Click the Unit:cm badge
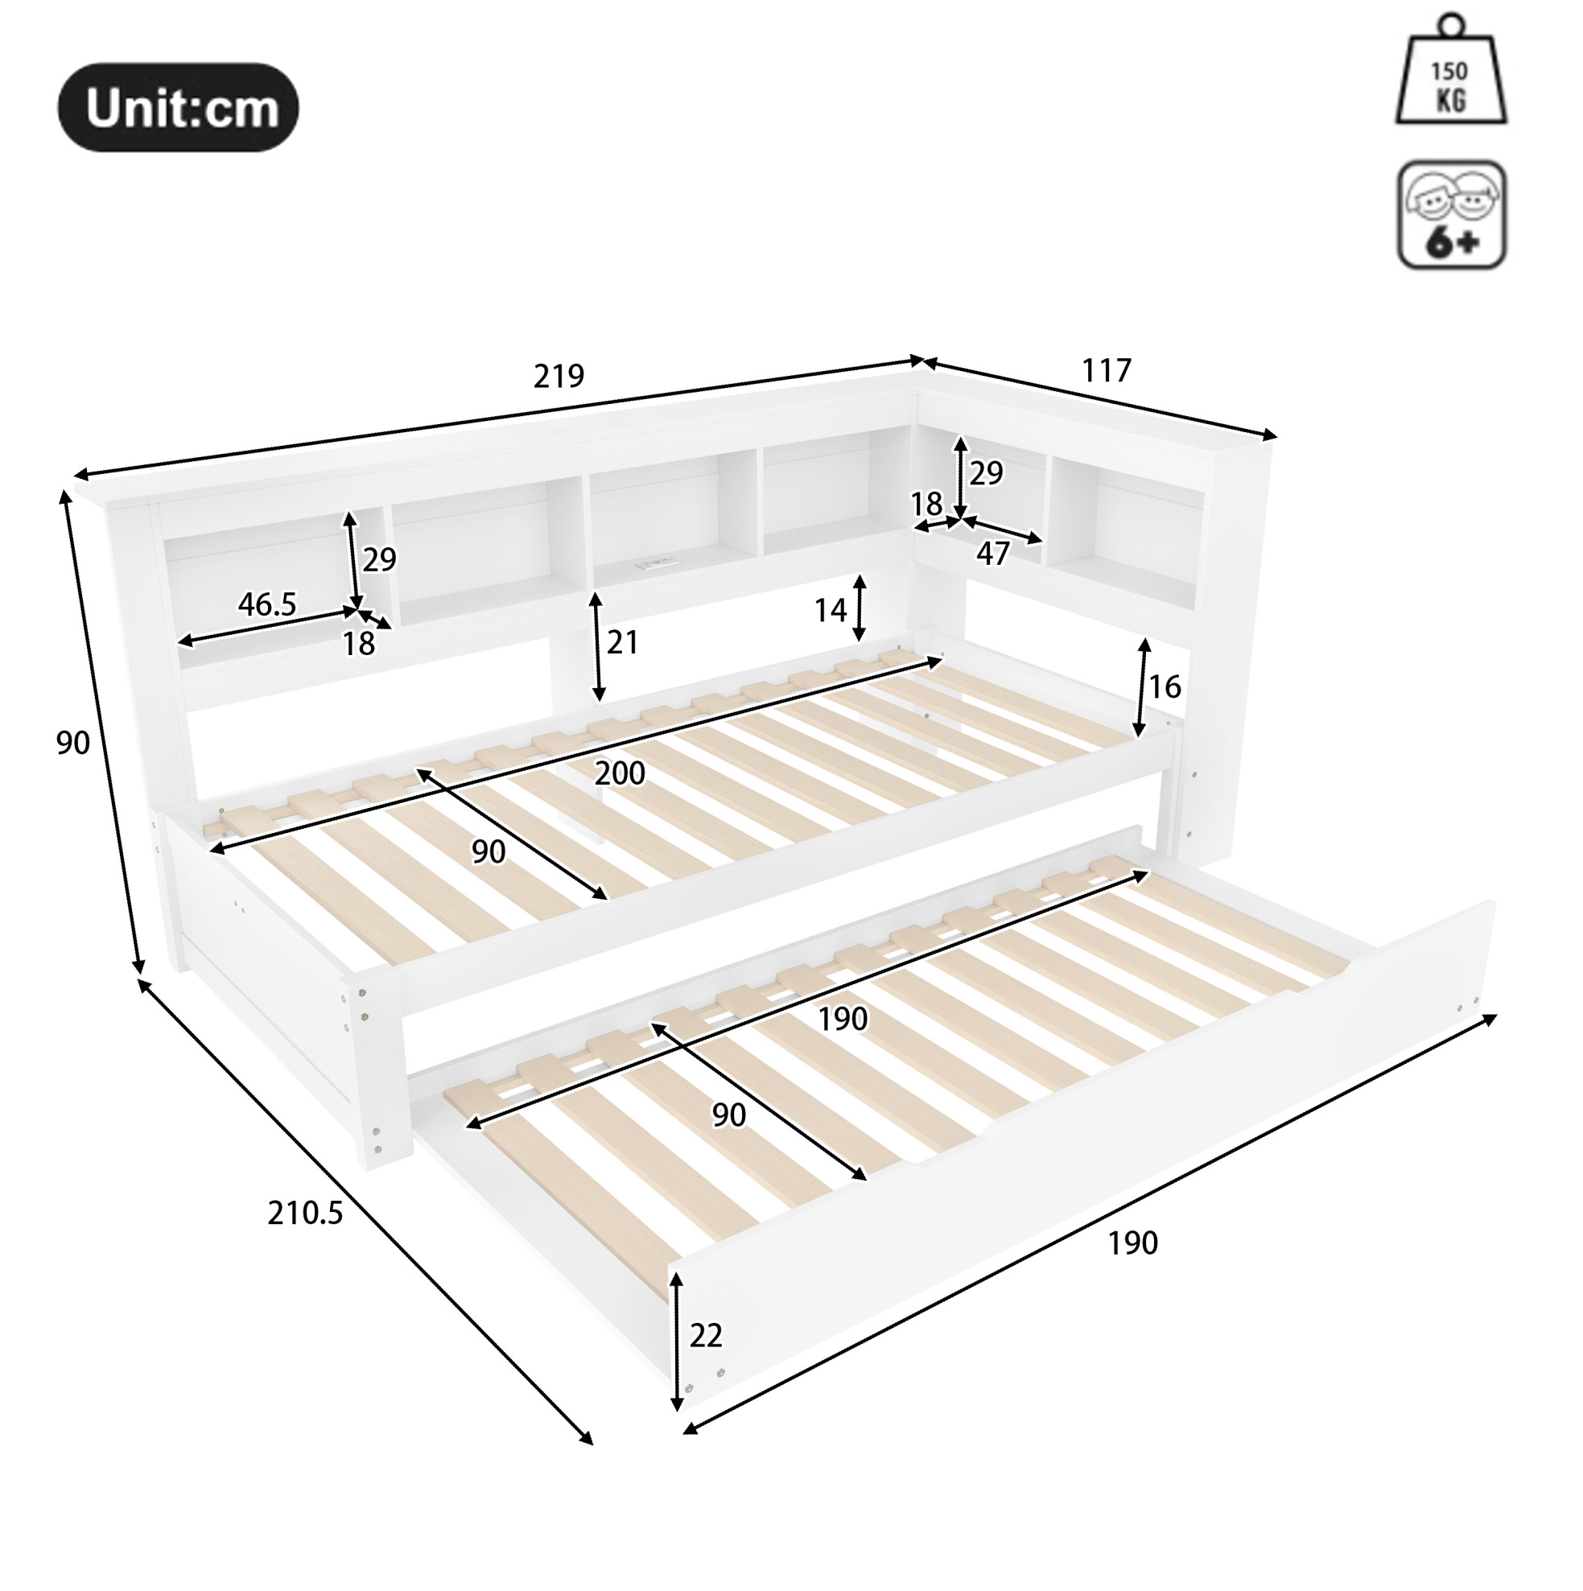(178, 107)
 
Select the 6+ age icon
(1452, 214)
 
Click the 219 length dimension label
(559, 376)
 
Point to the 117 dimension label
(1106, 370)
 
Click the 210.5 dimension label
(305, 1213)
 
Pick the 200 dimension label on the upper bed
(620, 773)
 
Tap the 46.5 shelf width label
(267, 604)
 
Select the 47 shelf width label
(992, 554)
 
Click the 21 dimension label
(622, 642)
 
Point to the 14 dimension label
(831, 610)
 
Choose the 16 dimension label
(1165, 686)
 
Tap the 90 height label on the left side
(72, 743)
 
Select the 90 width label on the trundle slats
(729, 1115)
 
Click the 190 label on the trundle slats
(843, 1020)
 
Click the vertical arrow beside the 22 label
(677, 1342)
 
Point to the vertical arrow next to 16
(1141, 687)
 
